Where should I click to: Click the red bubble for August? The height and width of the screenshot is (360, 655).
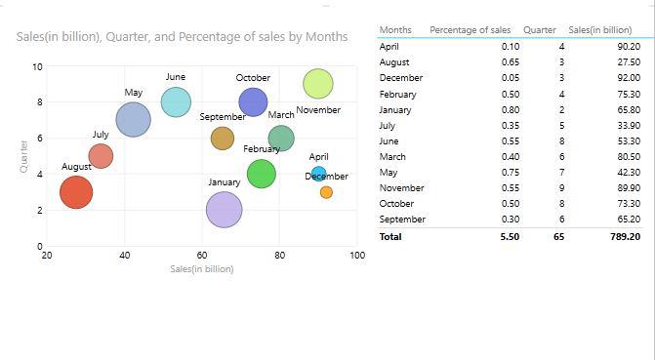pos(76,191)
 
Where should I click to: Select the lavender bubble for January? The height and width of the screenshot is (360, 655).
pos(225,210)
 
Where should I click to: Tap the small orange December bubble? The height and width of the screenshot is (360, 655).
pos(326,192)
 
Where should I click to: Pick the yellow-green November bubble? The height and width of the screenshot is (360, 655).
pos(318,85)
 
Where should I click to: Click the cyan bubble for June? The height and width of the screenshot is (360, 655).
pos(176,101)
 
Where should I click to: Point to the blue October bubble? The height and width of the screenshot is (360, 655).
pos(253,101)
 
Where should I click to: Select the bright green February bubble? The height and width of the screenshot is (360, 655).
pos(262,174)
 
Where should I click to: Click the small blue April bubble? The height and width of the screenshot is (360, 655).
pos(318,174)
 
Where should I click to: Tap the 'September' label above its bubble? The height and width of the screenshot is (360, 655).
pos(223,117)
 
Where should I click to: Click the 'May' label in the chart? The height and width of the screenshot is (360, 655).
pos(134,93)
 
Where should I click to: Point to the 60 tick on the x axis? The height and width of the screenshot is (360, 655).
pos(202,256)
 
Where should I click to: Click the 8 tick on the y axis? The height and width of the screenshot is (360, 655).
pos(38,102)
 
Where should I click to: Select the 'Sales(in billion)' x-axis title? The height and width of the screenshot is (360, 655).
pos(201,268)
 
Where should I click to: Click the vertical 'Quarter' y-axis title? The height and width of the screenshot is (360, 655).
pos(22,156)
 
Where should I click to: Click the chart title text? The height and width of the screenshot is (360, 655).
pos(183,37)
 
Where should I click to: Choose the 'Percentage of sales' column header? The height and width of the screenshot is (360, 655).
pos(470,30)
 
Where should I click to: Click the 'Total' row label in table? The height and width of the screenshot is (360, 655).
pos(390,237)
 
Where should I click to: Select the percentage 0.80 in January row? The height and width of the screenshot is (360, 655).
pos(511,110)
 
